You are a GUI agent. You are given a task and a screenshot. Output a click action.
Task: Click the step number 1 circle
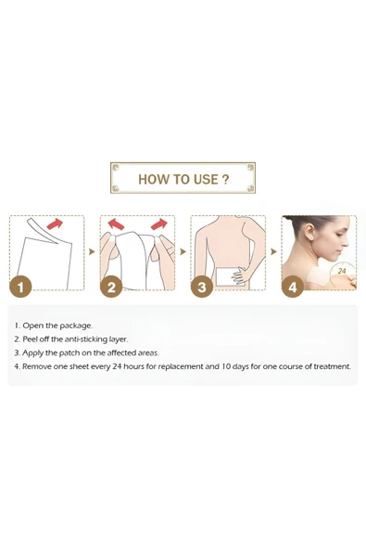[x=20, y=287]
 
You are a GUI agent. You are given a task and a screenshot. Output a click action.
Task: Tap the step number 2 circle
[x=111, y=287]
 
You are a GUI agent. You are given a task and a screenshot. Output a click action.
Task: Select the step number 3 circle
[x=202, y=287]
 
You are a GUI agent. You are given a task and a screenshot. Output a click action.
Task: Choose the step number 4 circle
[x=293, y=287]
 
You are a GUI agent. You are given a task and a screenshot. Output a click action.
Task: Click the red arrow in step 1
[x=55, y=223]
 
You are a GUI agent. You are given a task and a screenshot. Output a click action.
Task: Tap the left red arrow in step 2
[x=116, y=223]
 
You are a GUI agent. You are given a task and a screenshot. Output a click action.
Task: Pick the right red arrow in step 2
[x=159, y=223]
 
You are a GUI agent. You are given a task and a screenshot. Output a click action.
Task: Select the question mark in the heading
[x=225, y=179]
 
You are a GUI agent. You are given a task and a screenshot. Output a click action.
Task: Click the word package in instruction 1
[x=76, y=326]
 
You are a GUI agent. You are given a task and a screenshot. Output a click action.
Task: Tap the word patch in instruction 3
[x=69, y=353]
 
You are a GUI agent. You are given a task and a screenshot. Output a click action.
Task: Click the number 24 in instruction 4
[x=118, y=366]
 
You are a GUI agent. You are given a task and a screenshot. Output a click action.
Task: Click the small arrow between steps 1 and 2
[x=92, y=251]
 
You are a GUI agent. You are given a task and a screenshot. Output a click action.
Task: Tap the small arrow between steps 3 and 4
[x=273, y=251]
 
